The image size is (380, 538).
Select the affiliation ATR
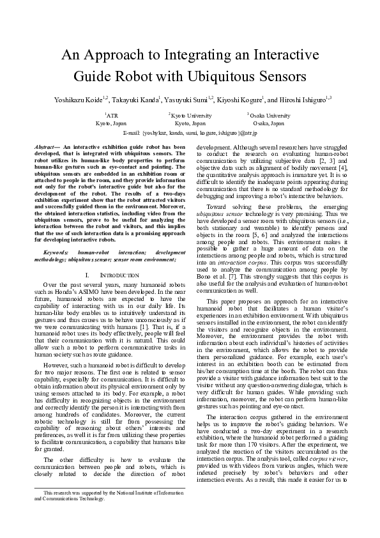[111, 116]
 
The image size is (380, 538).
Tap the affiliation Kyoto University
[190, 116]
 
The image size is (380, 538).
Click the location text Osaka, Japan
[269, 123]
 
